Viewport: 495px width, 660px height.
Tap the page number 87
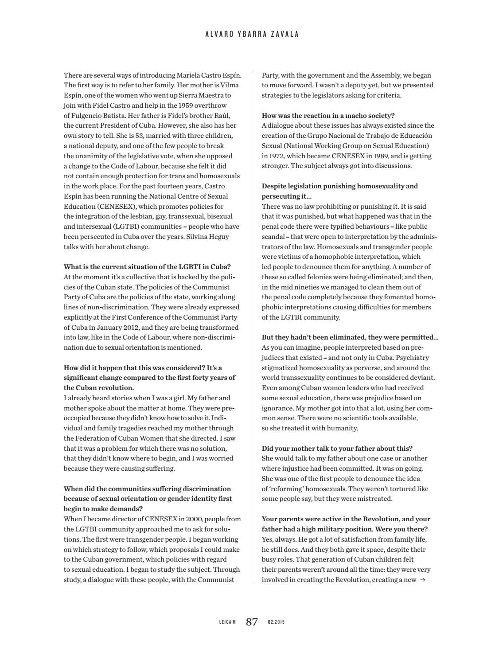252,622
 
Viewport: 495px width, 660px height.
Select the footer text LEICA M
227,622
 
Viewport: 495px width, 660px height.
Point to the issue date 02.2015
276,622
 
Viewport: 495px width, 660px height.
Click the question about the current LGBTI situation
147,267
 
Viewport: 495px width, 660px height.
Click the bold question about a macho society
328,116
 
